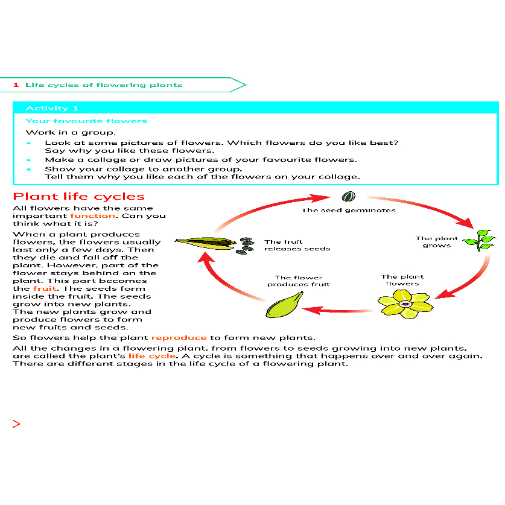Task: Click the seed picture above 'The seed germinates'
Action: [x=348, y=197]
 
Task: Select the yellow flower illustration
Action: [x=404, y=303]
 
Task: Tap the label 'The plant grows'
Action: [x=437, y=242]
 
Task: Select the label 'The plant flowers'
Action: [x=402, y=281]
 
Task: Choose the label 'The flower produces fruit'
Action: [x=299, y=281]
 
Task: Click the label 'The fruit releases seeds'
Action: [x=297, y=245]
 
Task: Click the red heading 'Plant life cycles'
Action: [x=79, y=197]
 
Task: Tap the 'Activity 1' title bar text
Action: [x=52, y=108]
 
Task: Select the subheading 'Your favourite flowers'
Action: [x=86, y=121]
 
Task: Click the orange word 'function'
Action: [x=92, y=215]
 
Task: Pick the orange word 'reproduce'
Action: [x=179, y=338]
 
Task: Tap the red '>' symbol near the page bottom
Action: [x=16, y=424]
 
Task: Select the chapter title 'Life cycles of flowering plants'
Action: [x=103, y=85]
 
